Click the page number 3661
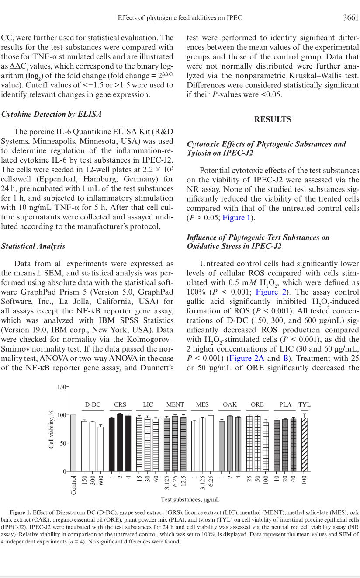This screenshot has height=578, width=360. (x=350, y=18)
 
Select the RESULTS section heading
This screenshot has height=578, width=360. (x=273, y=119)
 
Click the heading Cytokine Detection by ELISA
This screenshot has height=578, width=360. (x=51, y=115)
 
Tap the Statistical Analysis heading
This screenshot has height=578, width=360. (x=33, y=246)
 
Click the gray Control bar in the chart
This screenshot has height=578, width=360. (x=73, y=443)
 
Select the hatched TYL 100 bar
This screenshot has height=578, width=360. (x=304, y=445)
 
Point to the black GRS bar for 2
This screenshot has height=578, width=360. (x=120, y=442)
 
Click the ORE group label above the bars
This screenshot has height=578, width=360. (x=257, y=405)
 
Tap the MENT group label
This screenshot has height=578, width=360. (x=175, y=405)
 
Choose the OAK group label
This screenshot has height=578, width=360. (x=230, y=405)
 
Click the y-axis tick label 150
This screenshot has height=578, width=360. (x=61, y=387)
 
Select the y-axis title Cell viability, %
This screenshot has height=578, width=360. (x=52, y=429)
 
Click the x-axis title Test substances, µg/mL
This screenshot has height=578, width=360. (x=190, y=499)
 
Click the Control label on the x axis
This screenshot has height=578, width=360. (x=73, y=485)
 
